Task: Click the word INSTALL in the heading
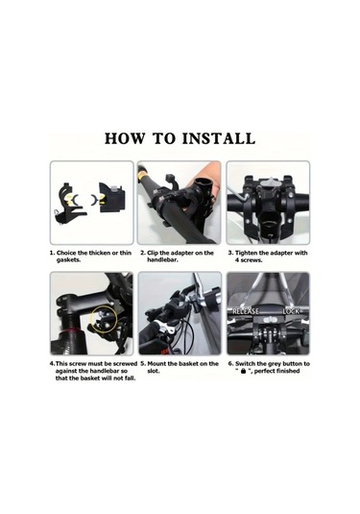pos(219,138)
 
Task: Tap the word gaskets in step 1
pos(69,260)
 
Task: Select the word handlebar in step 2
pos(162,260)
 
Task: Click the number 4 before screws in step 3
pos(237,260)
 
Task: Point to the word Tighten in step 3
pos(248,253)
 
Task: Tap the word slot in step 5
pos(153,371)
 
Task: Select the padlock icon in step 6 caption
pos(243,371)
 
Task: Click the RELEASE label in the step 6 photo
pos(246,310)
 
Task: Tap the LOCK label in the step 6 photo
pos(291,310)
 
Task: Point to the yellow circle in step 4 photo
pos(103,319)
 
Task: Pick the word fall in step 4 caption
pos(129,379)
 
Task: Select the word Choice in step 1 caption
pos(66,253)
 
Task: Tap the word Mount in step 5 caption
pos(156,363)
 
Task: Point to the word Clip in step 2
pos(153,253)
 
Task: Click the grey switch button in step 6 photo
pos(268,319)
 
